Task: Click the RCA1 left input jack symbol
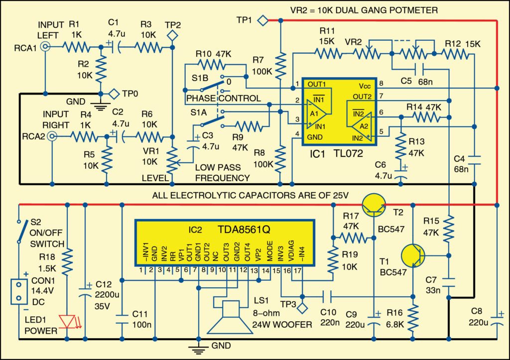pyautogui.click(x=45, y=47)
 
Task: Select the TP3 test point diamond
pyautogui.click(x=301, y=308)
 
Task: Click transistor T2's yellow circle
pyautogui.click(x=374, y=204)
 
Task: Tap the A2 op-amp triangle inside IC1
pyautogui.click(x=363, y=122)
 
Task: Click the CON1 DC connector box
pyautogui.click(x=18, y=291)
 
